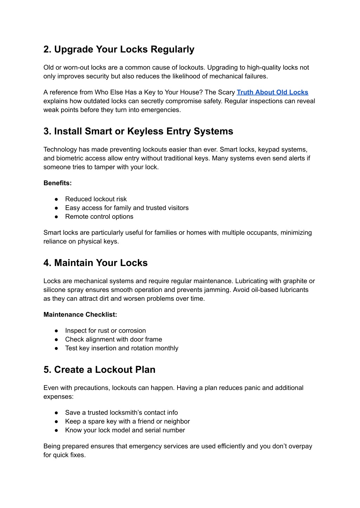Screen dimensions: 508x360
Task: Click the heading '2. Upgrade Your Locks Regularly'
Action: pos(119,49)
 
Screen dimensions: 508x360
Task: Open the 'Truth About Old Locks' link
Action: pos(272,92)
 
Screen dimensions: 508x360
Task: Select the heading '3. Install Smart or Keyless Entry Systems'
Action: pos(138,131)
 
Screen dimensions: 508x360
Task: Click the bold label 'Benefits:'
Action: pos(58,183)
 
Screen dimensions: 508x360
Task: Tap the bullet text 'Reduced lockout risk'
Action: pos(96,199)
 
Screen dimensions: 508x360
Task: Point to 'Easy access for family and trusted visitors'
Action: pos(127,208)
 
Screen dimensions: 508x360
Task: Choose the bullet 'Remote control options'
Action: pos(99,217)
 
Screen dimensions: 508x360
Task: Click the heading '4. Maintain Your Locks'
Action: pos(96,263)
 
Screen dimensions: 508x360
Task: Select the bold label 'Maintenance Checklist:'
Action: pos(80,315)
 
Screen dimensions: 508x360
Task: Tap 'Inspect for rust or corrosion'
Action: pos(105,331)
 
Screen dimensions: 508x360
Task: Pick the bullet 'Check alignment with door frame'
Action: pos(114,339)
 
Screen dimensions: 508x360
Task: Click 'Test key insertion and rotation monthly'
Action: pos(122,348)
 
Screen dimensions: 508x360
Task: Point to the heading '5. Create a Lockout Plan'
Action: pos(99,370)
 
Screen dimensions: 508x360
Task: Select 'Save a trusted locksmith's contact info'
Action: pos(121,413)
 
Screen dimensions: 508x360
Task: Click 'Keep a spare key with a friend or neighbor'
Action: pos(127,422)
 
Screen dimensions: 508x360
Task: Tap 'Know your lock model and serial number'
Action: pos(125,430)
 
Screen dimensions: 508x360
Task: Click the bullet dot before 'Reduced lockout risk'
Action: pos(56,199)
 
